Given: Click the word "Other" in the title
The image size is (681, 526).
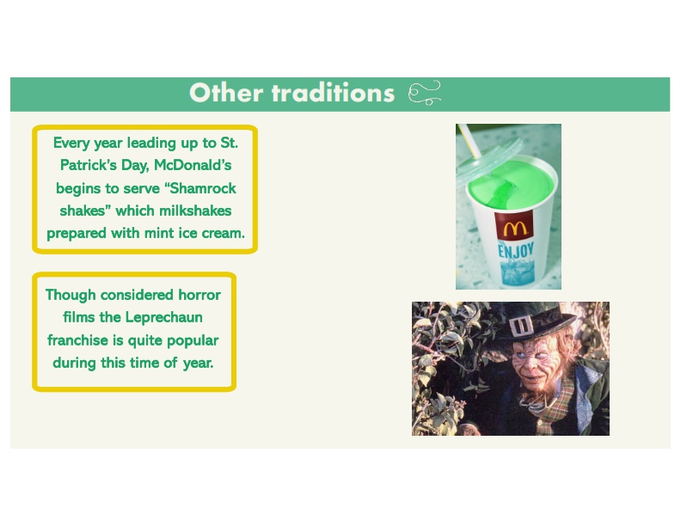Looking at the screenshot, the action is (226, 93).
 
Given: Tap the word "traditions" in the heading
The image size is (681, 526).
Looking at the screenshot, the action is (333, 93).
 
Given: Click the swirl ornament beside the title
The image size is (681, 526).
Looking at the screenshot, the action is (424, 93).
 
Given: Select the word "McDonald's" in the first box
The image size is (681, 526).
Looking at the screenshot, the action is (193, 165).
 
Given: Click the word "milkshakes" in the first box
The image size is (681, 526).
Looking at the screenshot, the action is (195, 211).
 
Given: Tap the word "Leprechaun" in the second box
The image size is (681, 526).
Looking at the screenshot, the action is (163, 318).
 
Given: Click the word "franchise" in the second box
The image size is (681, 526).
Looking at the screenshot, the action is (77, 340).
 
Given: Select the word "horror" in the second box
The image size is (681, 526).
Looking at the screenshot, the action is (199, 296).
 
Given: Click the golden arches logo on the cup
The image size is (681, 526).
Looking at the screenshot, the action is (515, 229).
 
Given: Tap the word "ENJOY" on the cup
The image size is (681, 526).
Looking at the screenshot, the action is (516, 251).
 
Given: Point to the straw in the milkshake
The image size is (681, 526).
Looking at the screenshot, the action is (470, 141).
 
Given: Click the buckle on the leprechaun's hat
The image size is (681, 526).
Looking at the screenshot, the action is (521, 327).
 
